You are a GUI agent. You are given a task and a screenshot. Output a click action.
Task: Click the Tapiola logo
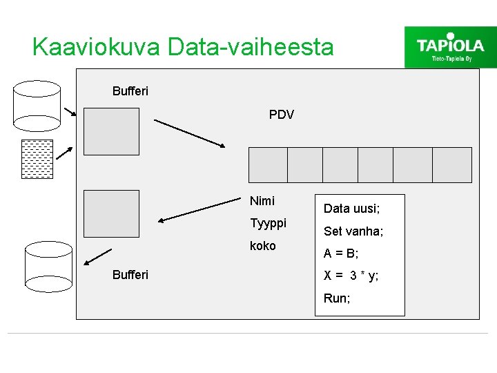pos(450,46)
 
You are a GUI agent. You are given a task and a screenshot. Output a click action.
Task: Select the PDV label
pos(281,115)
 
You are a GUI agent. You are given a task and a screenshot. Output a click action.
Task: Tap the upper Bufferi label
pos(130,90)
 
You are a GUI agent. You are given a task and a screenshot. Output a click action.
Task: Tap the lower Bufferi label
pos(130,275)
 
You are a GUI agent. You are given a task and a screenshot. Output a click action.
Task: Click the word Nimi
pos(262,201)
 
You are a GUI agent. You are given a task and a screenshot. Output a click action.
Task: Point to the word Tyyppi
pos(268,223)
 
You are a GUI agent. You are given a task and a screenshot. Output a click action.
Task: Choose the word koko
pos(262,245)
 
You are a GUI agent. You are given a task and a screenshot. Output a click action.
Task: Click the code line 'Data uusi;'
pos(351,208)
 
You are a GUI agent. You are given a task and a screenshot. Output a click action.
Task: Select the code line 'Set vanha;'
pos(353,231)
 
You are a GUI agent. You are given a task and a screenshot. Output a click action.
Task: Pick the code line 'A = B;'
pos(341,254)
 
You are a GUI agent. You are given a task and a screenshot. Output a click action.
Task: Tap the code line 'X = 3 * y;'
pos(351,276)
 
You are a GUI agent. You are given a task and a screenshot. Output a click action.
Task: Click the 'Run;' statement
pos(337,298)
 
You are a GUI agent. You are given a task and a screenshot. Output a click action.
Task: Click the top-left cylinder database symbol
pos(37,106)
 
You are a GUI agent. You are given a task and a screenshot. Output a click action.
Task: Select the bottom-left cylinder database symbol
pos(48,266)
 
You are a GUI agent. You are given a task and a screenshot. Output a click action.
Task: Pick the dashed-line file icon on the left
pos(37,159)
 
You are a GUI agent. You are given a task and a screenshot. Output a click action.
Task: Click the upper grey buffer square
pos(111,131)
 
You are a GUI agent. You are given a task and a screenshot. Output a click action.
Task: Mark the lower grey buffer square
pos(111,213)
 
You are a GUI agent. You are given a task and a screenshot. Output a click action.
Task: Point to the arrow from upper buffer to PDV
pos(189,133)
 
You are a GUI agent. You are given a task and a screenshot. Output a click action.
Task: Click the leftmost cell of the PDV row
pos(268,165)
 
